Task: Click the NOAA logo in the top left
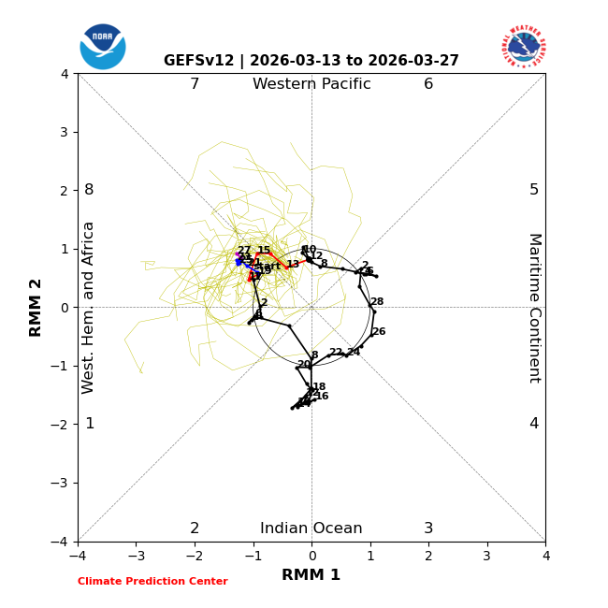coord(103,47)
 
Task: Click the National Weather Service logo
coord(524,46)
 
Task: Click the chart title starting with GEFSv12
coord(311,61)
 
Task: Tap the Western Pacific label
coord(311,84)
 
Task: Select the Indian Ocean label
coord(311,528)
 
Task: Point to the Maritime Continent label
coord(534,308)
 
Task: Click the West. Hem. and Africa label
coord(89,308)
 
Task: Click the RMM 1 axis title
coord(311,575)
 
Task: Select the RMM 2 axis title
coord(36,308)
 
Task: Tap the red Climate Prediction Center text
coord(152,582)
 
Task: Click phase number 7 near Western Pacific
coord(195,84)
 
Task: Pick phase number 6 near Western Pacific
coord(428,84)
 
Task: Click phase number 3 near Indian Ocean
coord(428,528)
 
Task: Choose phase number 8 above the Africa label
coord(89,190)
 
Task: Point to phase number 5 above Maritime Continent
coord(534,190)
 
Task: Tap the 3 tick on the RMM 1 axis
coord(486,556)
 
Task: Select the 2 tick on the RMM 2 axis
coord(65,190)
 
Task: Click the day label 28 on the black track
coord(377,302)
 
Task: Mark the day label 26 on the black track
coord(379,332)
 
